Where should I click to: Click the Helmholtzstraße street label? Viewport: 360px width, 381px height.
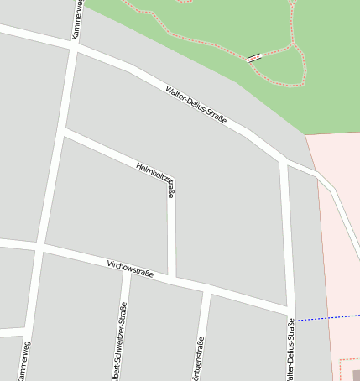pos(157,180)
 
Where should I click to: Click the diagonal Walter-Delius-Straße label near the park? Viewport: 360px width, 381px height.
pos(196,106)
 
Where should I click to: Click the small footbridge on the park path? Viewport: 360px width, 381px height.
pos(254,58)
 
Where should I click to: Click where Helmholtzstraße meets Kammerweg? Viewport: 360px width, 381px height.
pos(64,130)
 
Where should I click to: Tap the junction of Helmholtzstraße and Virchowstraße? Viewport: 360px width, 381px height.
pos(172,278)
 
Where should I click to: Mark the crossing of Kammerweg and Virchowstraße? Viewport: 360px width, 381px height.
pos(39,248)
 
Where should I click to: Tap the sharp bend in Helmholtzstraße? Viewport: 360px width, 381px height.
pos(170,179)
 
